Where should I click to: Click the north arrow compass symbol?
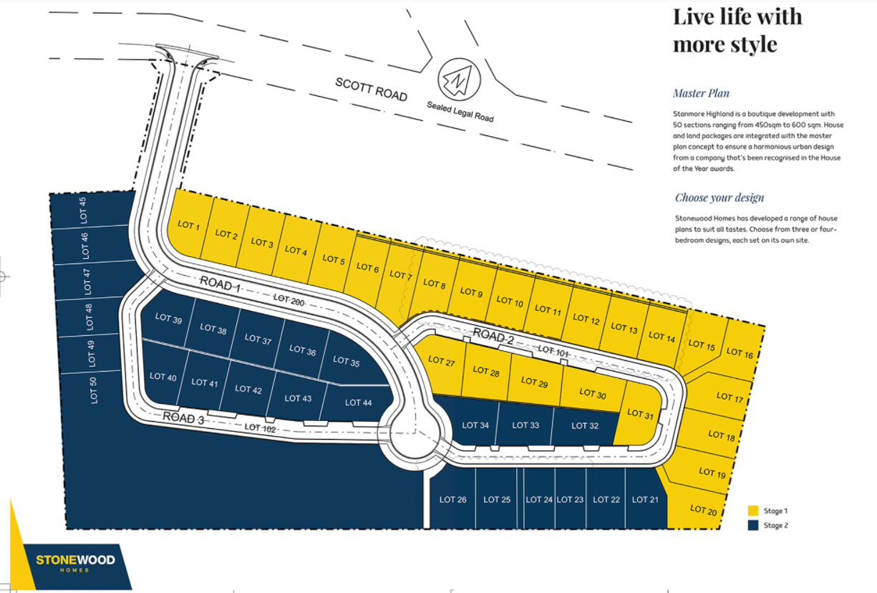coord(459,79)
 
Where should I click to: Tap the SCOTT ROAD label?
coord(371,90)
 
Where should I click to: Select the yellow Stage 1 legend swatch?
coord(753,511)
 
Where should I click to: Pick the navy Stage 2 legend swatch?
coord(753,525)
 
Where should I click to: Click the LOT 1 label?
coord(188,225)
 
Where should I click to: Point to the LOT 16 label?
coord(740,352)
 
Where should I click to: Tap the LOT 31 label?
coord(640,414)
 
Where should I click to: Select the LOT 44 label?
coord(358,402)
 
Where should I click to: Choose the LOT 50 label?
coord(93,390)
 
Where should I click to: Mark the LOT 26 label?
coord(452,499)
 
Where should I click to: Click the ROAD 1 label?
coord(220,284)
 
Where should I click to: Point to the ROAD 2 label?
coord(493,336)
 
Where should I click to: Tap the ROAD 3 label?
coord(183,418)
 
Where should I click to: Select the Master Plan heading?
coord(701,93)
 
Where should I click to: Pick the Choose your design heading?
coord(719,198)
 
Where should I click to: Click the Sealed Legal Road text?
coord(460,112)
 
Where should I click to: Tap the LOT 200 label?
coord(289,300)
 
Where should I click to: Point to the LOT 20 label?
coord(703,510)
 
